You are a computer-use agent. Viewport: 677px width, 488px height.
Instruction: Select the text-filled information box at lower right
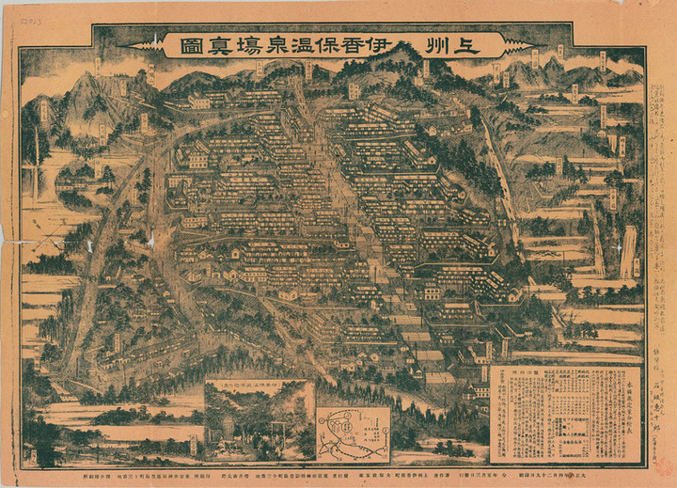click(x=564, y=414)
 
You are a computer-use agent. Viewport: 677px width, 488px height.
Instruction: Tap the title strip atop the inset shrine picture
click(x=260, y=385)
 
